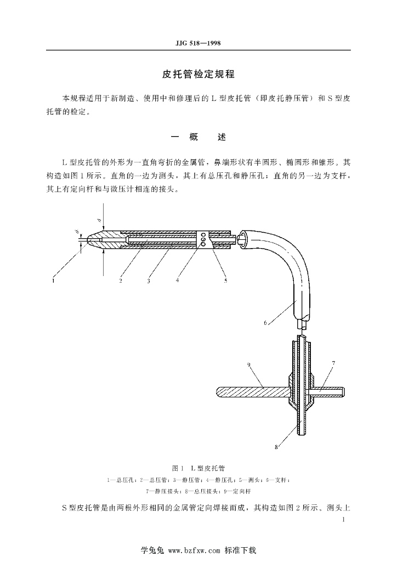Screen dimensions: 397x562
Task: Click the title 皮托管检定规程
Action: click(198, 73)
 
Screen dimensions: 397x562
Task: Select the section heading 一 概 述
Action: click(198, 137)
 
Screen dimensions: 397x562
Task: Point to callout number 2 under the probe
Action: click(120, 281)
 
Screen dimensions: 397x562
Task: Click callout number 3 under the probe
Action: click(149, 281)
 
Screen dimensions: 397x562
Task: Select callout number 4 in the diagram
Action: click(177, 279)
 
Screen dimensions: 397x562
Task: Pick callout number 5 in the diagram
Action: click(225, 280)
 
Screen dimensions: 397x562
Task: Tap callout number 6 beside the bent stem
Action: click(265, 323)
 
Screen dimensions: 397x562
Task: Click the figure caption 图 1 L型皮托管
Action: click(198, 468)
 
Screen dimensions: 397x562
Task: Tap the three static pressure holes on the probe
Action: click(203, 240)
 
